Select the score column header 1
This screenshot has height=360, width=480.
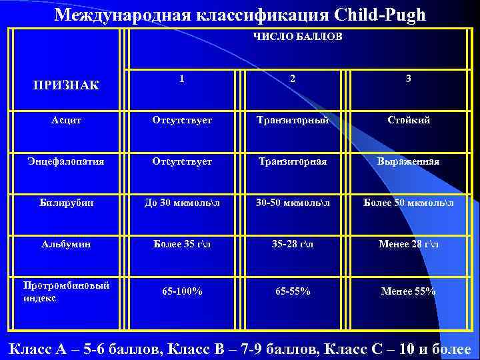[181, 78]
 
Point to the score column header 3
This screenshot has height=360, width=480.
[408, 79]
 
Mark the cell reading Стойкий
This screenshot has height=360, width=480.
[408, 120]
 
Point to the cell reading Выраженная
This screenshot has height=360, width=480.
[408, 161]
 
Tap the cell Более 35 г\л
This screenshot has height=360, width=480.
[181, 244]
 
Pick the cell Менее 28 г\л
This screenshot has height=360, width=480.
[408, 244]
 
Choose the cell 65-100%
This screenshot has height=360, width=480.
[181, 291]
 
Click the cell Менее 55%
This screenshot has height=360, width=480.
[408, 291]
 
